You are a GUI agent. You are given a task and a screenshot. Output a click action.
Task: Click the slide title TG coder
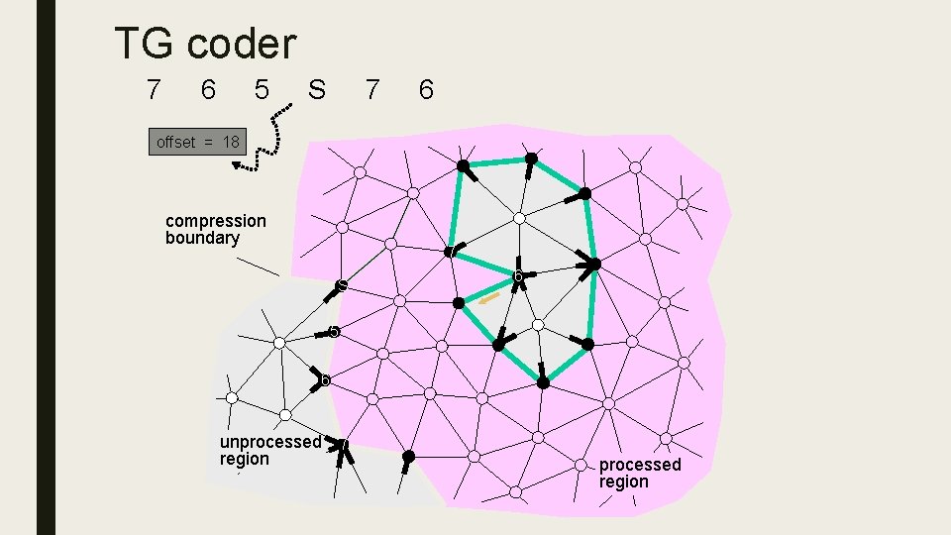pos(205,44)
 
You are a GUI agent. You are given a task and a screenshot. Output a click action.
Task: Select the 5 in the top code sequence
pos(262,91)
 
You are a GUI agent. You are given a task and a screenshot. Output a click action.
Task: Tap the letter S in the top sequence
pos(316,91)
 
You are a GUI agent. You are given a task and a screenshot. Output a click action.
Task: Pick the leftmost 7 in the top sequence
pos(153,91)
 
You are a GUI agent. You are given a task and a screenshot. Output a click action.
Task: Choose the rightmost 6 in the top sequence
pos(426,91)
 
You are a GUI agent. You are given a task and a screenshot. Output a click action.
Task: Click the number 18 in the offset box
pos(231,143)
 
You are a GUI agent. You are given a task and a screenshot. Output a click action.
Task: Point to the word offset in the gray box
pos(176,143)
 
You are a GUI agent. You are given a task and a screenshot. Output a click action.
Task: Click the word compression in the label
pos(216,221)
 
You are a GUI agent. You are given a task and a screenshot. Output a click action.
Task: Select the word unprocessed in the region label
pos(270,442)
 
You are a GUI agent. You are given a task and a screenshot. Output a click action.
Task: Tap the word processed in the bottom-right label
pos(640,465)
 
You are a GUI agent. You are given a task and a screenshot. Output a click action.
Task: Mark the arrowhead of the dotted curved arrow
pos(239,165)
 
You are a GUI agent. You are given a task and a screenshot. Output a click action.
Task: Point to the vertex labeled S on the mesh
pos(341,285)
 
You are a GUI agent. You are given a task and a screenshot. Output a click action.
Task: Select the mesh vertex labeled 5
pos(335,332)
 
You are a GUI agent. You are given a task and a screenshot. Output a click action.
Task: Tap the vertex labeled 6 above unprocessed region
pos(323,378)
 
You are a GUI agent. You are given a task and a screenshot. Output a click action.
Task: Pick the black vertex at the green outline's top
pos(531,159)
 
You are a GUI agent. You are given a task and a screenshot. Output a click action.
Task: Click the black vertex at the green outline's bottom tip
pos(543,381)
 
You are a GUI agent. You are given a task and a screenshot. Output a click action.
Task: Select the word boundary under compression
pos(202,239)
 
